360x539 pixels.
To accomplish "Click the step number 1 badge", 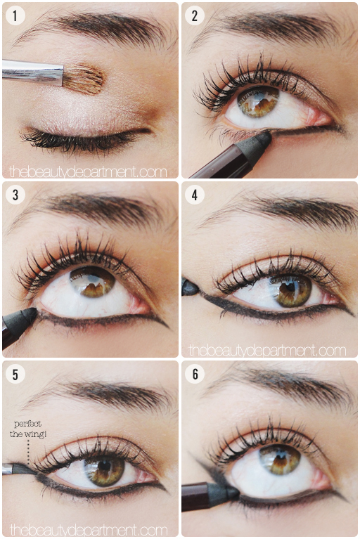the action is (15, 15).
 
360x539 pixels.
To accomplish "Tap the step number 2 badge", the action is (195, 15).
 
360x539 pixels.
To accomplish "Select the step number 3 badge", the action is (15, 195).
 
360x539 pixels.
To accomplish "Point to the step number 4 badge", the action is (195, 195).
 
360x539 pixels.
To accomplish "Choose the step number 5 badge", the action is (15, 374).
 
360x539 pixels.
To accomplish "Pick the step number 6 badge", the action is (195, 374).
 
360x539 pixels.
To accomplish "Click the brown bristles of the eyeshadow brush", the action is (84, 79).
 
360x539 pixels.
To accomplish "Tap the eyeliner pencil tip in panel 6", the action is (233, 492).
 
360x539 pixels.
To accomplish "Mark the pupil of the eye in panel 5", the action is (104, 465).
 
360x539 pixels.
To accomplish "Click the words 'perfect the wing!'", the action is (28, 429).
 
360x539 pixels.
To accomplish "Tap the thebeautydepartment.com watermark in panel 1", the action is (88, 171).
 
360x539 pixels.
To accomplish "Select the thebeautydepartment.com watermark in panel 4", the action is (267, 350).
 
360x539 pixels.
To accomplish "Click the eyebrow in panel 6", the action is (285, 384).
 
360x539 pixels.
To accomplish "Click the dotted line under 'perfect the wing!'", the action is (28, 450).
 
